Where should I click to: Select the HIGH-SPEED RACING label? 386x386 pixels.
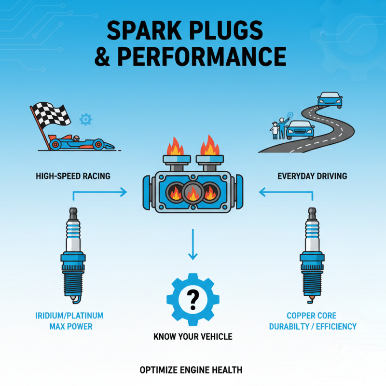click(73, 176)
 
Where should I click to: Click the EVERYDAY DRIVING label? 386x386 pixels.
click(312, 176)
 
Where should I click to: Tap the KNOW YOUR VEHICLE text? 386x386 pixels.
click(193, 336)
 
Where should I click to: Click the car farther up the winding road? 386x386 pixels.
click(330, 100)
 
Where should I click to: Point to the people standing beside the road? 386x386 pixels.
click(278, 128)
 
